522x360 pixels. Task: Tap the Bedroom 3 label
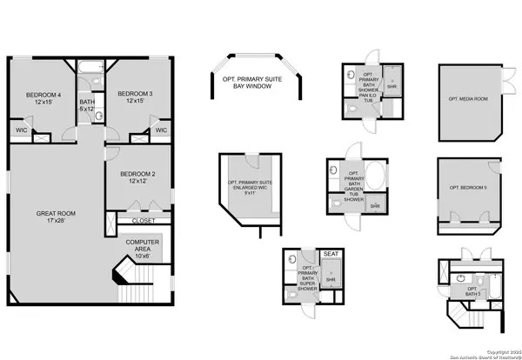[x=135, y=97]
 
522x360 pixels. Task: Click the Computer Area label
[x=143, y=248]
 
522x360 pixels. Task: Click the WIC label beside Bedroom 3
[x=160, y=131]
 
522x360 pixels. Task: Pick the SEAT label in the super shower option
[x=331, y=254]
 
